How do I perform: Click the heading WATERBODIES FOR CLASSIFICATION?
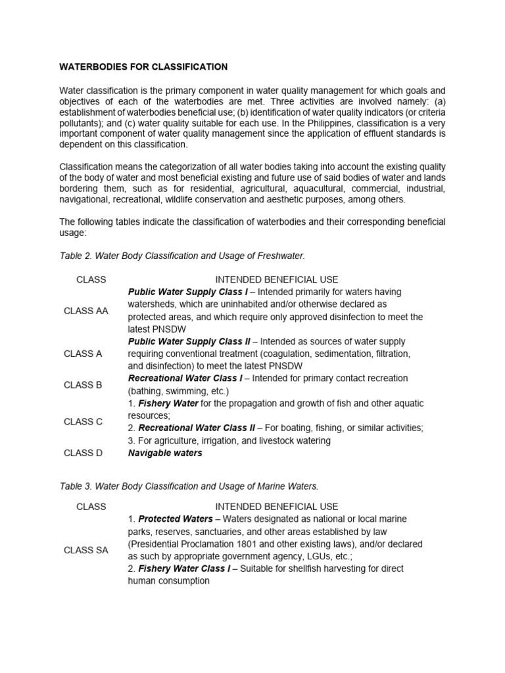(x=144, y=67)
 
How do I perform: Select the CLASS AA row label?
(x=86, y=311)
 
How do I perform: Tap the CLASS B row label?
(x=83, y=385)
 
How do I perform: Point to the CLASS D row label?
(x=83, y=453)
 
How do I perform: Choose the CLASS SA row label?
(x=86, y=550)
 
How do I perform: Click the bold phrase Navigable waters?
(x=165, y=453)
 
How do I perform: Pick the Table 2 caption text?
(x=182, y=254)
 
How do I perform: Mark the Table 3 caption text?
(x=189, y=486)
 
